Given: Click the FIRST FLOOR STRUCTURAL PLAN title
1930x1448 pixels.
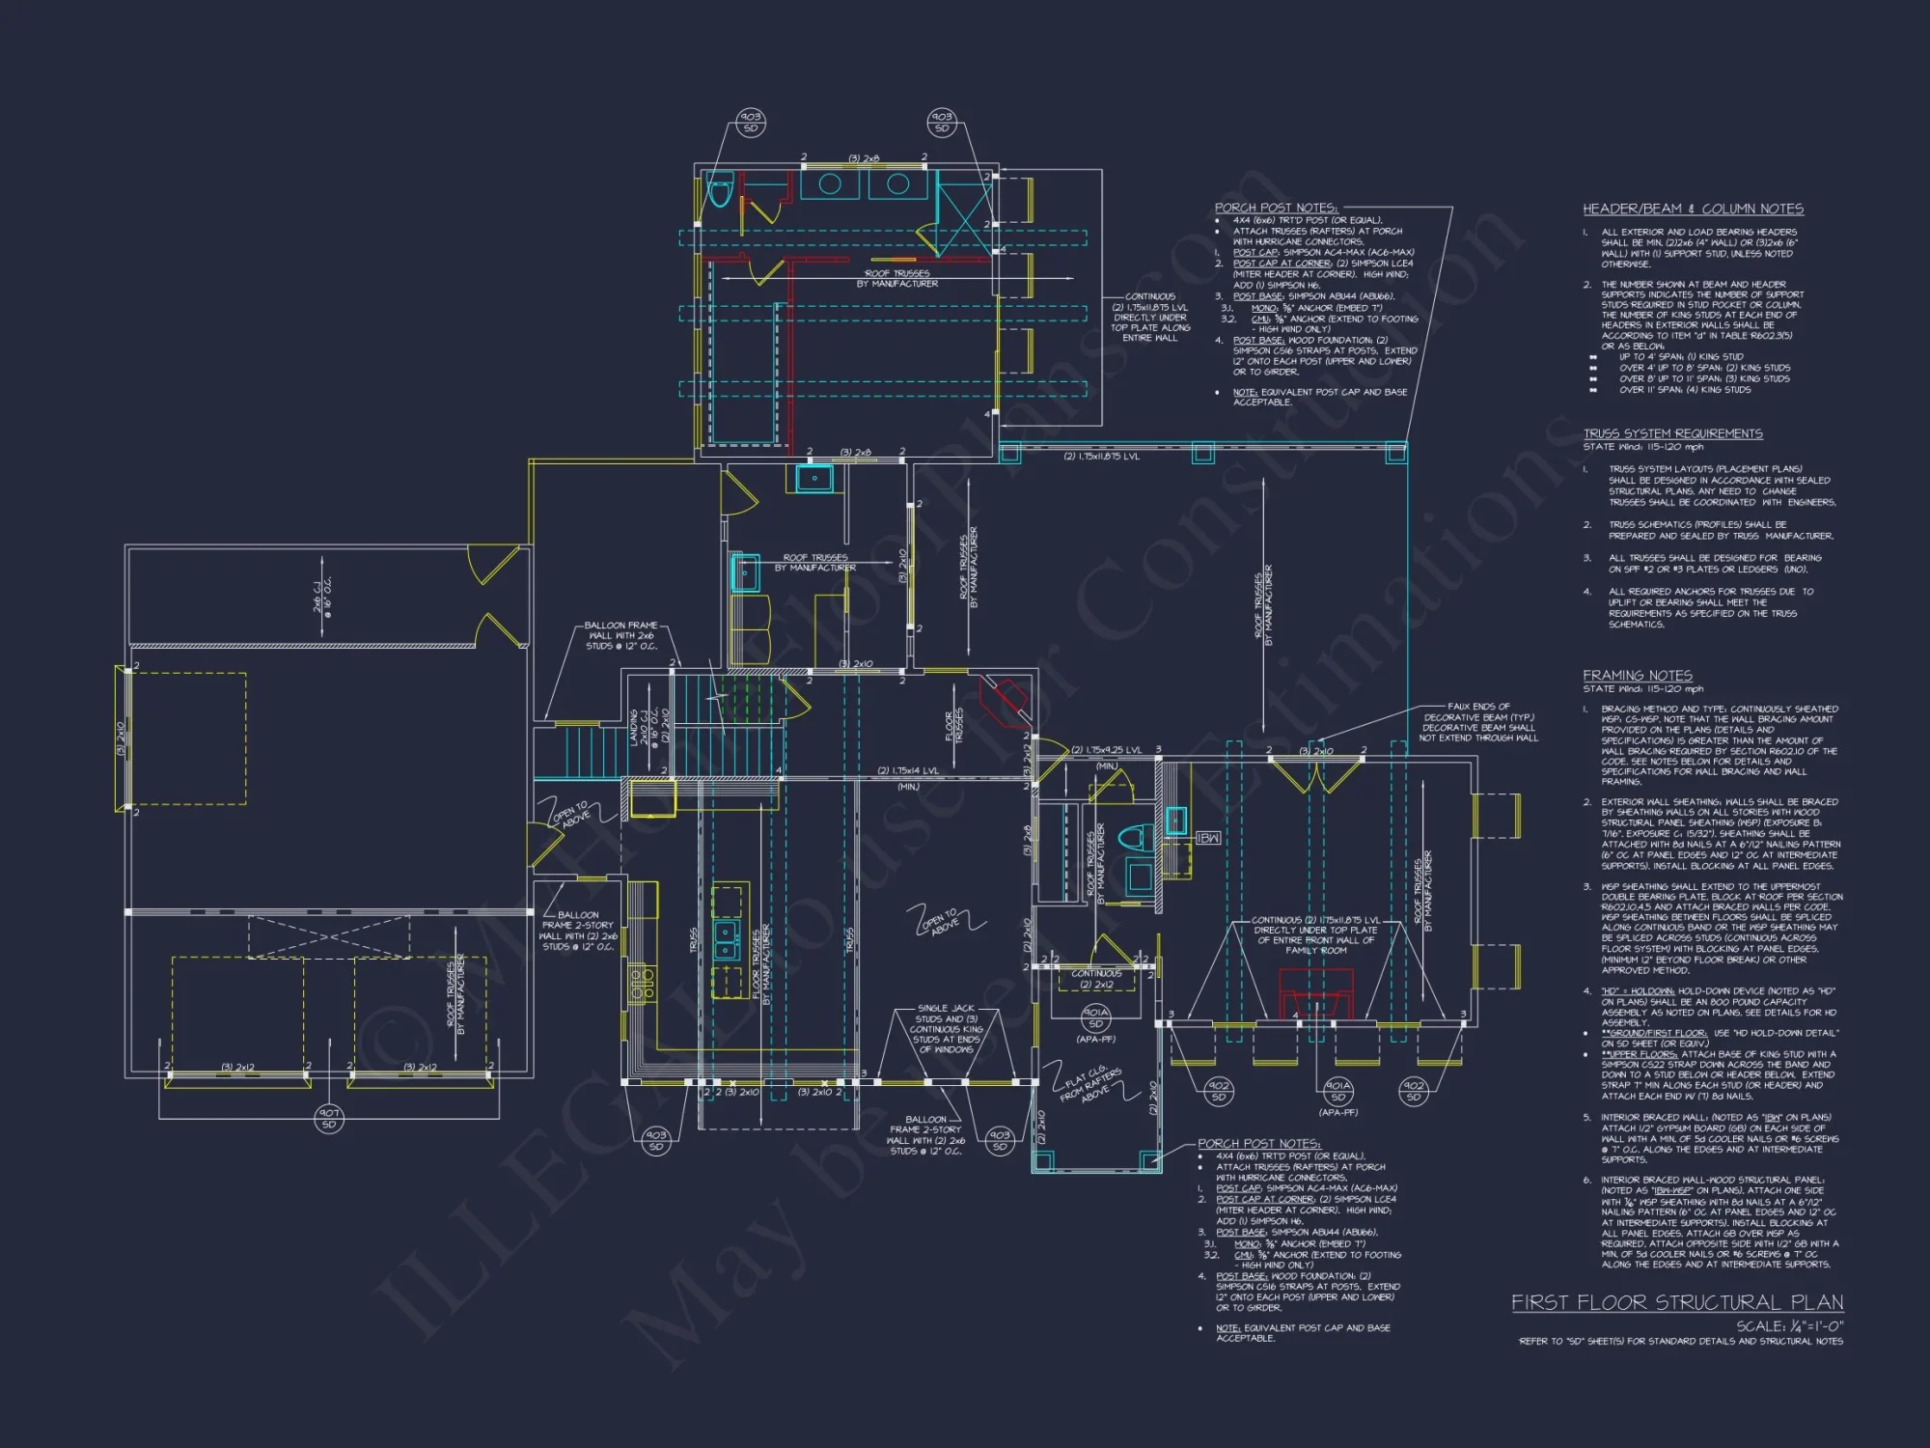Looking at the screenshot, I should (1676, 1302).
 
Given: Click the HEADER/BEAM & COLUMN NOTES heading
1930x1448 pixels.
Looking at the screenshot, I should (1693, 209).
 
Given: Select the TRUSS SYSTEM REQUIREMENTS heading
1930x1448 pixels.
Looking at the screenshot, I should (1672, 433).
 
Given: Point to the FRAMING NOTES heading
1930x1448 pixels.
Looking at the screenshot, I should (1637, 675).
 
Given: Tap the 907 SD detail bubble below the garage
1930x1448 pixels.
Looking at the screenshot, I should (329, 1118).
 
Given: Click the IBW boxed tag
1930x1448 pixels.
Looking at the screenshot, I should (1207, 838).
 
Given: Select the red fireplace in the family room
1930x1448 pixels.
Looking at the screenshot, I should (1315, 992).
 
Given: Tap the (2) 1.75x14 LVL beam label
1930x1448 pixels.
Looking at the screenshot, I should (907, 770).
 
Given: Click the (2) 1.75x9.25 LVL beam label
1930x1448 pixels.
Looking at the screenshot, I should (1106, 750).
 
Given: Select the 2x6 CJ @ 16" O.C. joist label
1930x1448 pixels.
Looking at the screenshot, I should (322, 596).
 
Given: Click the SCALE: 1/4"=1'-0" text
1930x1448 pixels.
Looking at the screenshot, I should (1789, 1326).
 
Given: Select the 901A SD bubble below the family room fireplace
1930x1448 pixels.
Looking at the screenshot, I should (1337, 1091).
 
